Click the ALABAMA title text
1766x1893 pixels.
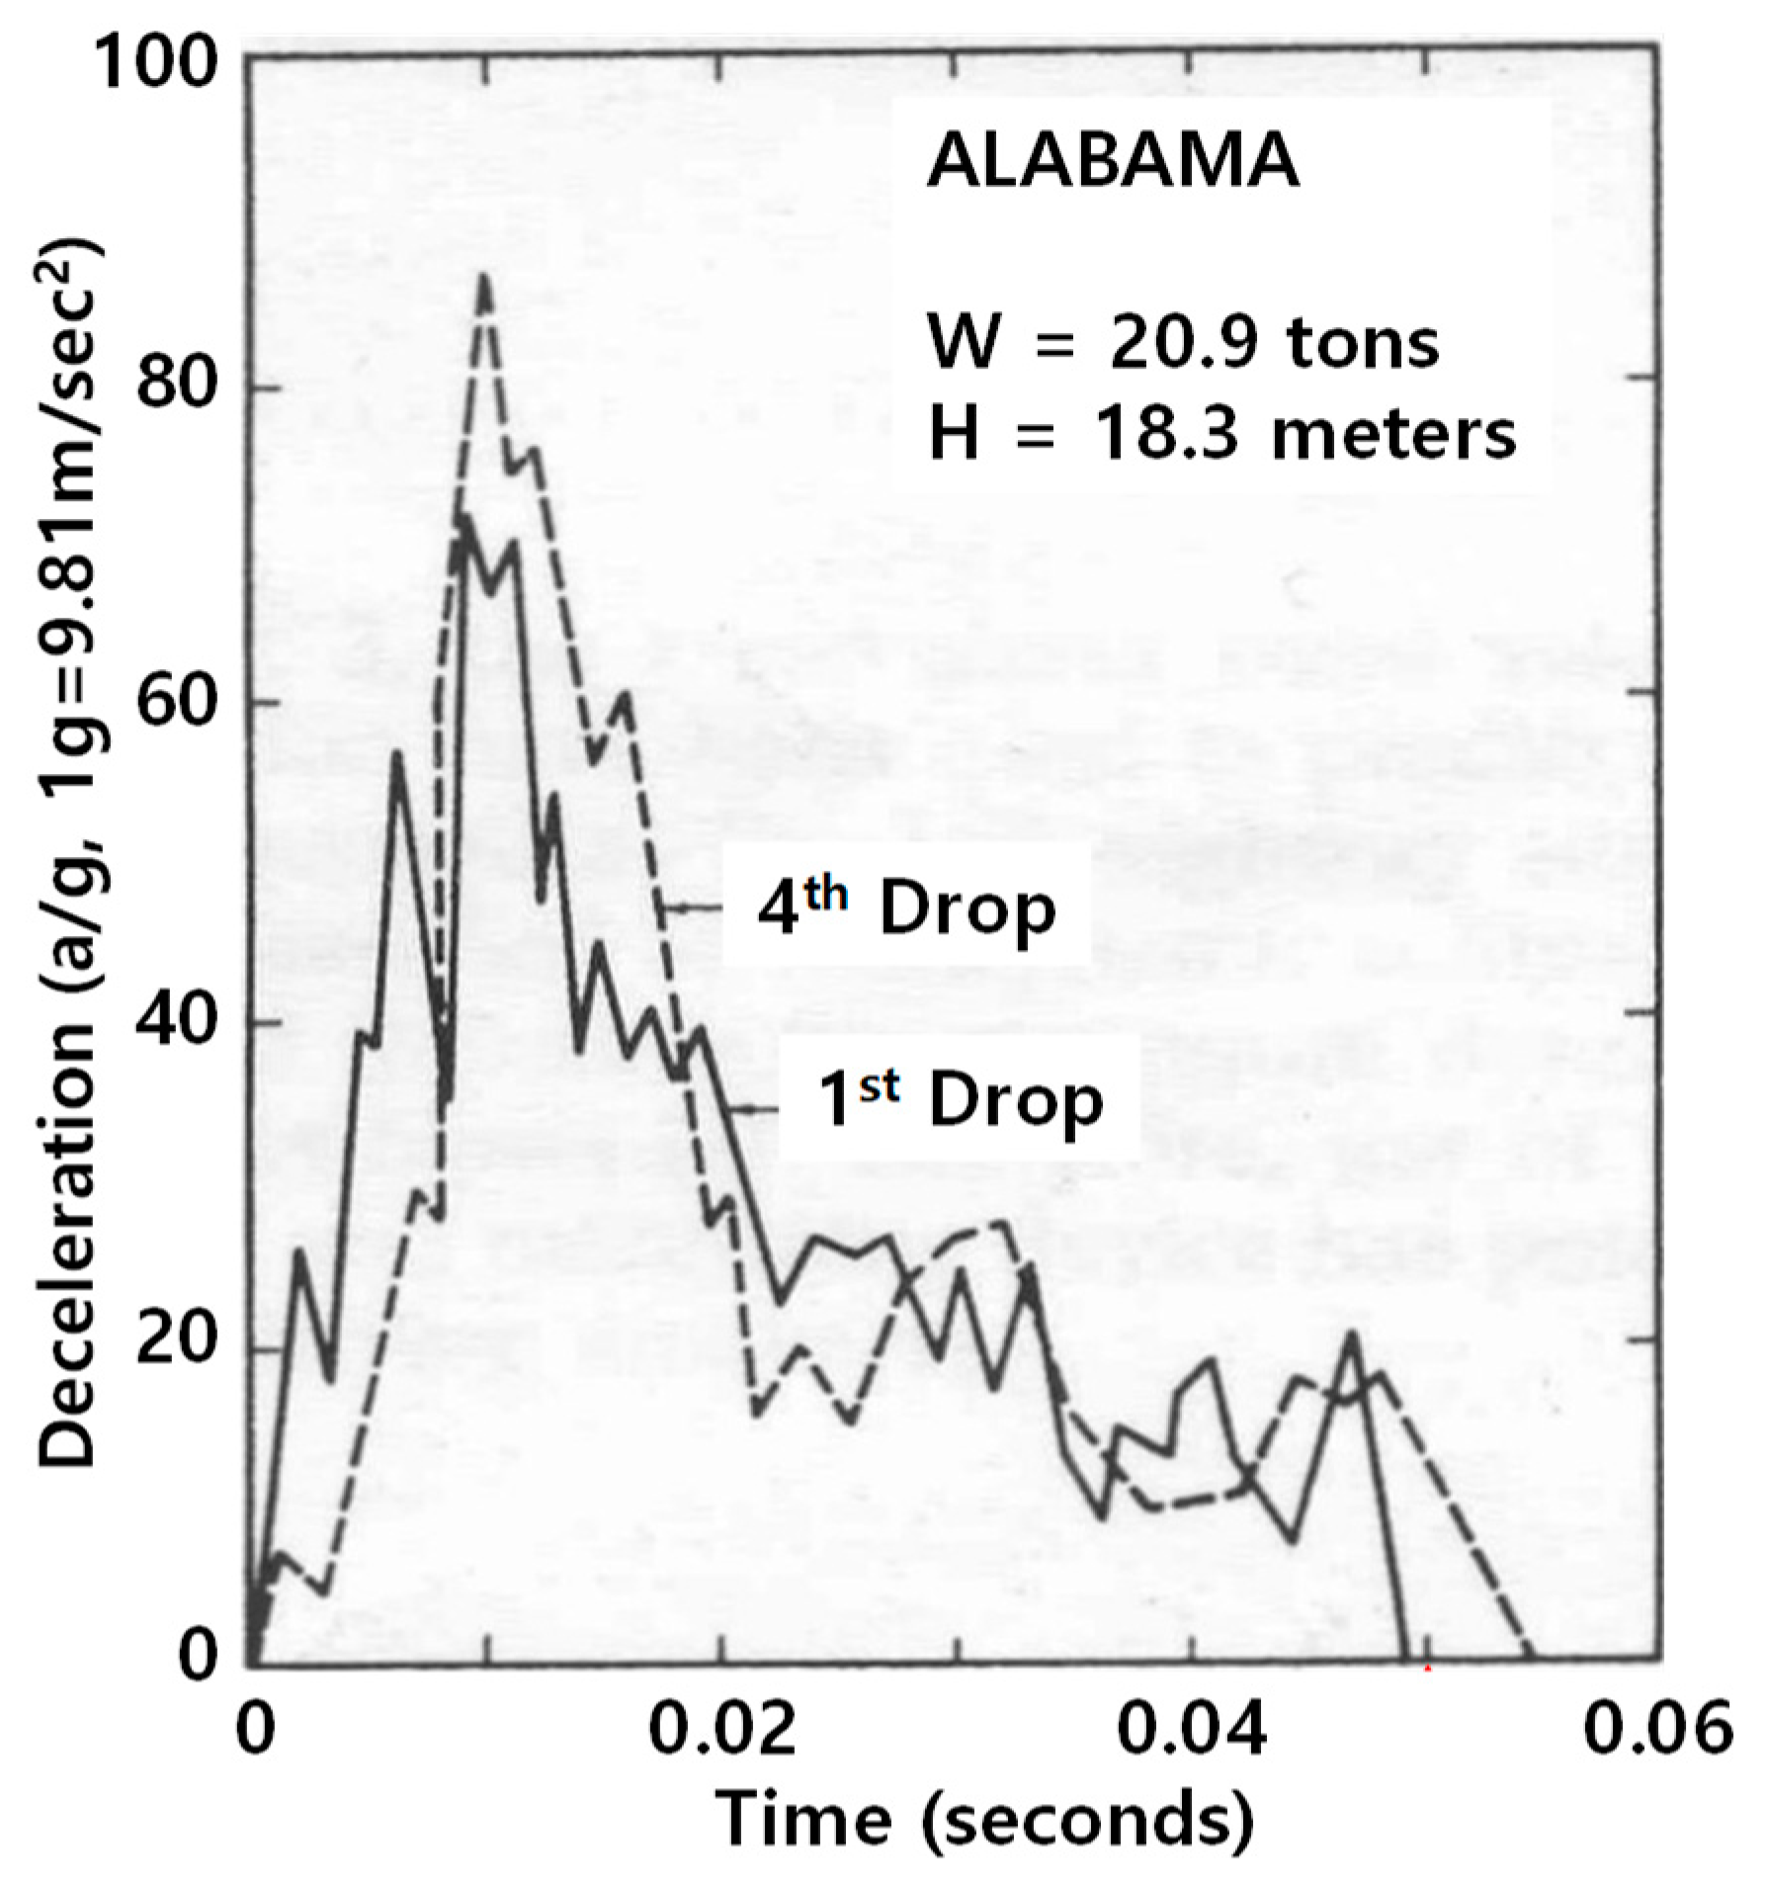(1112, 162)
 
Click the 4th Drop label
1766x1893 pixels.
(906, 906)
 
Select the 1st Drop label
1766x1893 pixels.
(962, 1100)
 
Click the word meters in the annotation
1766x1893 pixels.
(1393, 434)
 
